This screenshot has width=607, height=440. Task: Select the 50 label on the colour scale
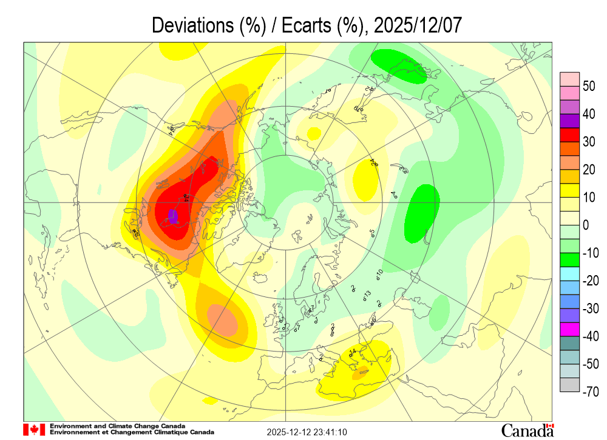point(589,86)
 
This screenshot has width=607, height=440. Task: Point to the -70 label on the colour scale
point(588,392)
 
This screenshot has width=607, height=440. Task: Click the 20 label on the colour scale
point(589,170)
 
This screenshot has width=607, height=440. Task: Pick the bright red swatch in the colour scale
point(570,141)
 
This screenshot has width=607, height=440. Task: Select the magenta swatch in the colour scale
point(570,329)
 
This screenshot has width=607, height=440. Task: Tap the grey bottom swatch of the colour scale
point(570,385)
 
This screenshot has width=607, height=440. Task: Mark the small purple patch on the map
point(173,216)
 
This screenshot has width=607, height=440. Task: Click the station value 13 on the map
point(367,294)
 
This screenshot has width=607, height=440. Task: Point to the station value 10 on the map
point(379,273)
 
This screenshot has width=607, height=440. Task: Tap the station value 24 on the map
point(374,162)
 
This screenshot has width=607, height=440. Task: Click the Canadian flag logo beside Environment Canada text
point(34,430)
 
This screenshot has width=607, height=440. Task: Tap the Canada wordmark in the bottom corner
point(527,430)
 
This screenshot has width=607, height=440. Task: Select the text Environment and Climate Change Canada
point(118,426)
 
